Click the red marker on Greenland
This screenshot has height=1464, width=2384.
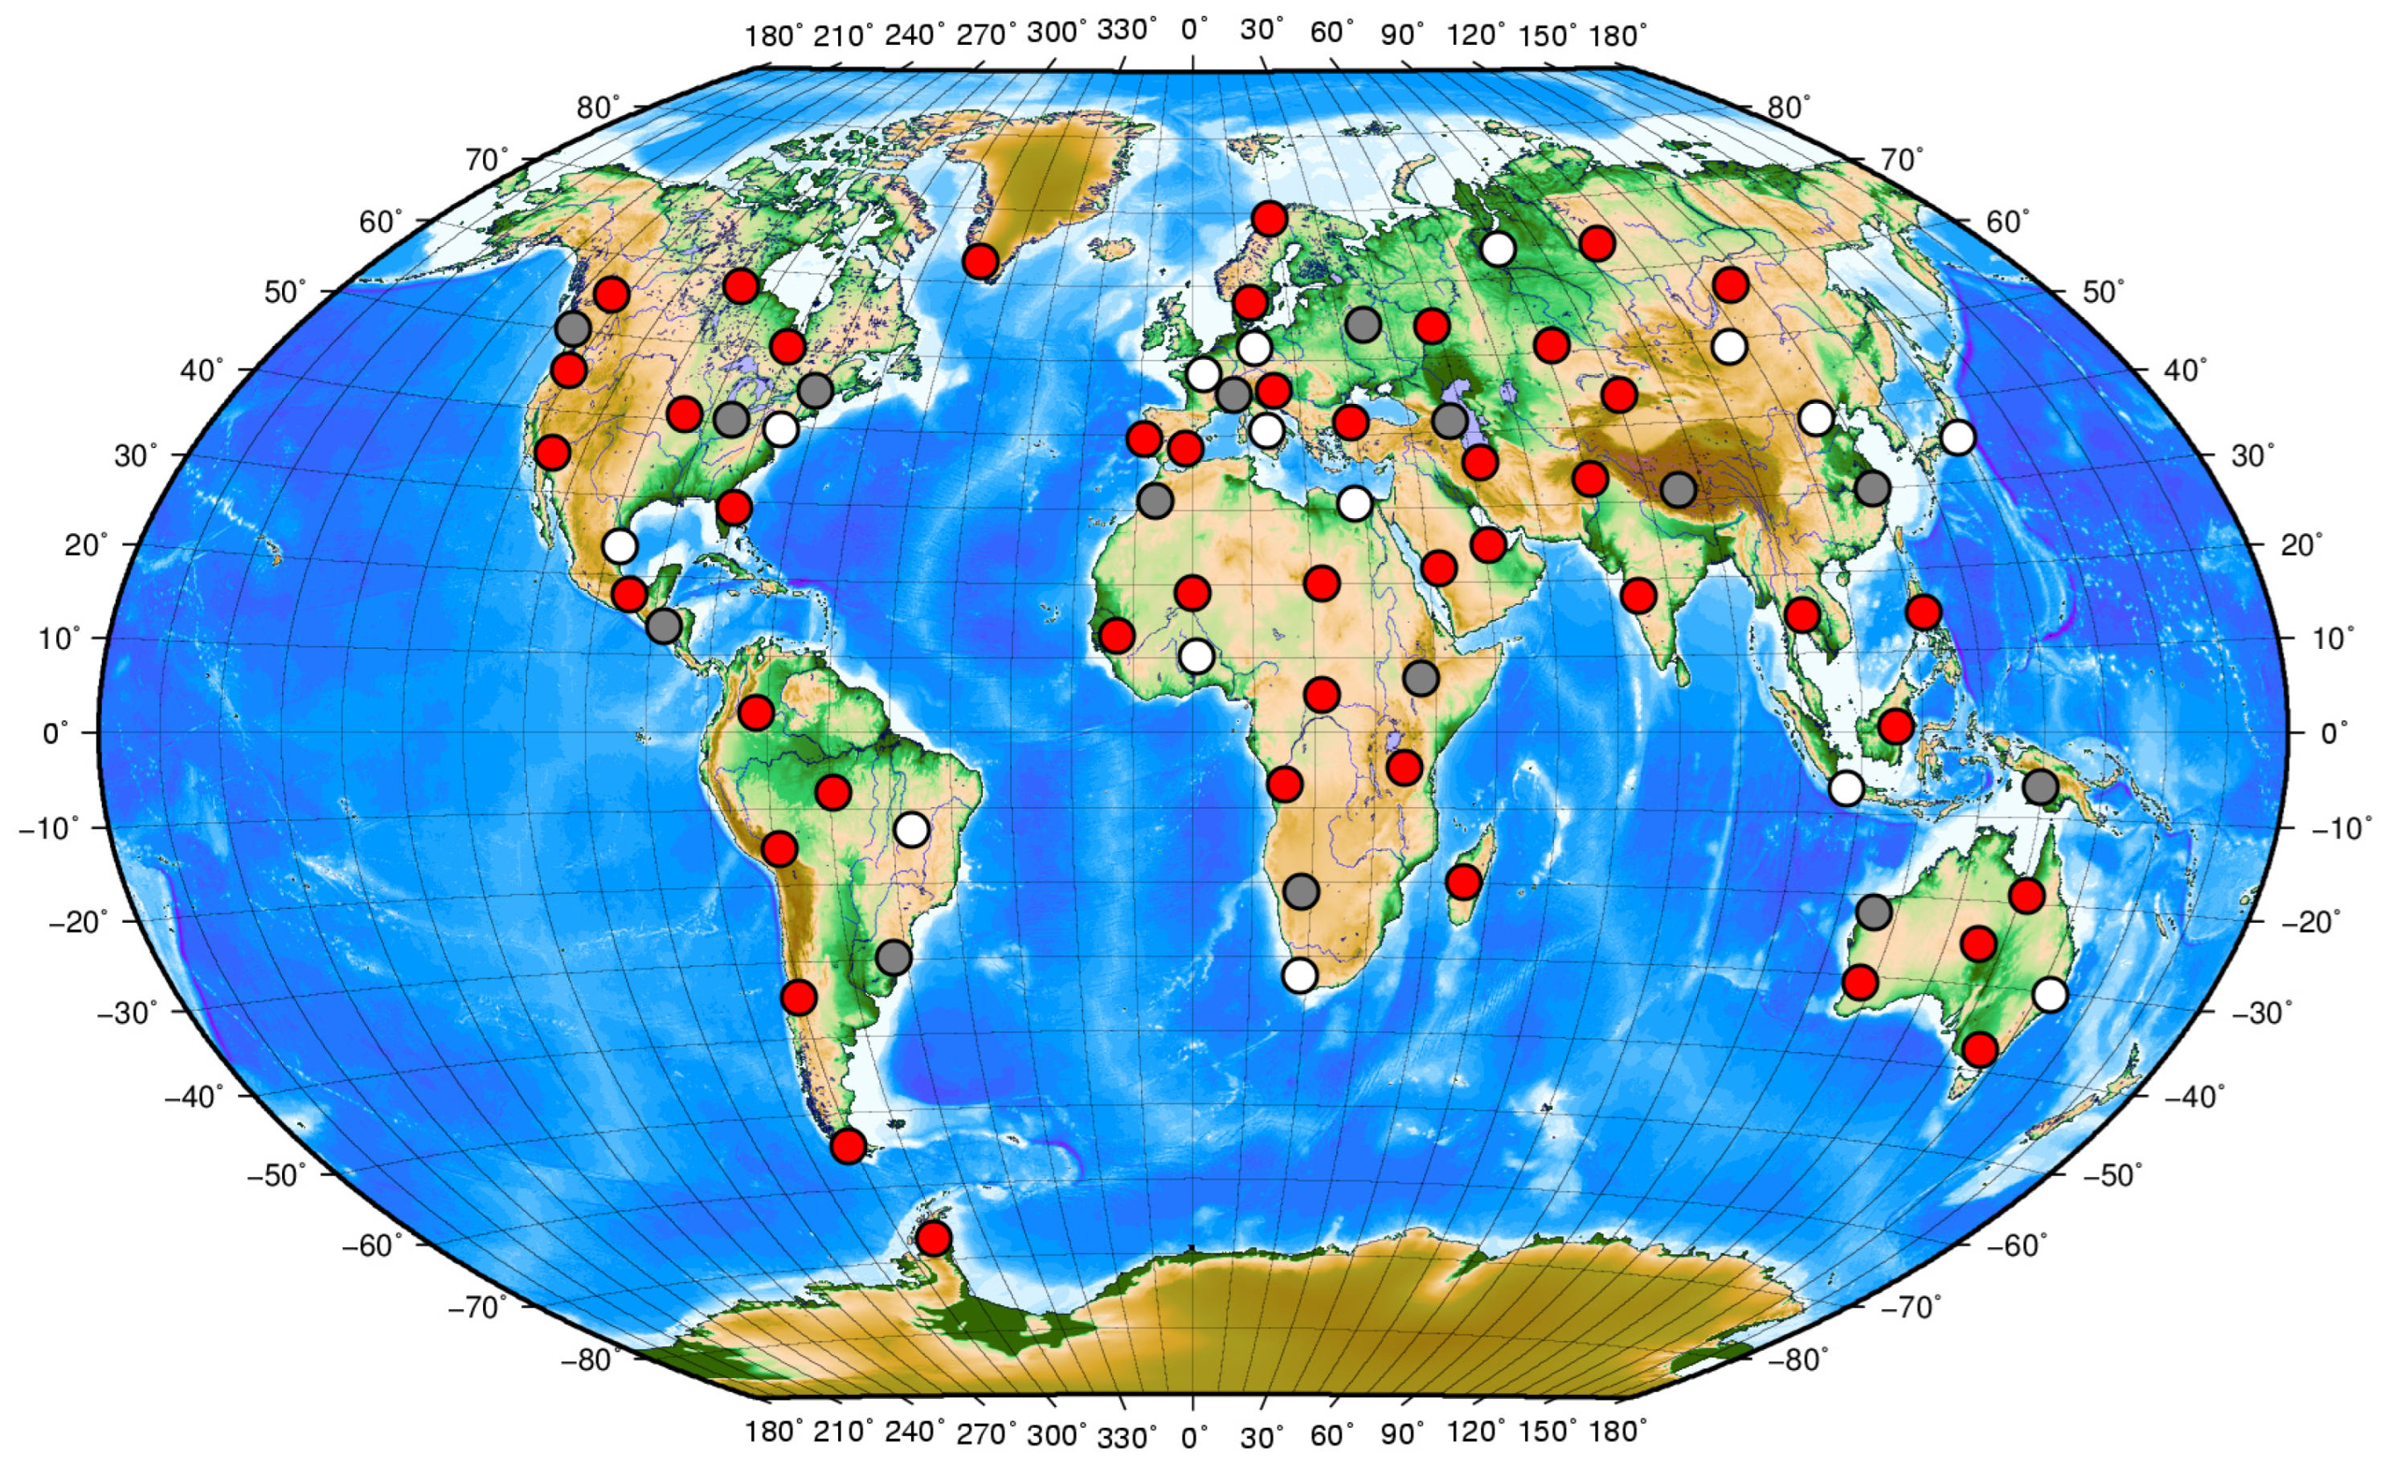(x=980, y=262)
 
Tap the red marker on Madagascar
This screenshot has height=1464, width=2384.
(x=1462, y=882)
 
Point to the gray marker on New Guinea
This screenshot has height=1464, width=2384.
(x=2040, y=786)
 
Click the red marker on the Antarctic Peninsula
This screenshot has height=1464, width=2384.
(x=933, y=1238)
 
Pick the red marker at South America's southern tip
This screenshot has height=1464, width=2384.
(x=848, y=1147)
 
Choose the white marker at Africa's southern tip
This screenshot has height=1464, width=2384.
(x=1299, y=975)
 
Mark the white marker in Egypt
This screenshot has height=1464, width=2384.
(x=1354, y=504)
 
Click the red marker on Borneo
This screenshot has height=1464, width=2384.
(x=1895, y=725)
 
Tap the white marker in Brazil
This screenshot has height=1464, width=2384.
(x=911, y=830)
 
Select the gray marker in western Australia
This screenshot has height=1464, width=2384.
(x=1874, y=911)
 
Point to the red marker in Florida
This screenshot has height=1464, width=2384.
(x=734, y=507)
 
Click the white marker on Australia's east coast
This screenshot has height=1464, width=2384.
(x=2050, y=993)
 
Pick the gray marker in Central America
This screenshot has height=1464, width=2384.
(x=664, y=626)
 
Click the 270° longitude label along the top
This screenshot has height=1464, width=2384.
(x=986, y=35)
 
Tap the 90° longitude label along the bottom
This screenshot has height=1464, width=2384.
(x=1402, y=1433)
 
